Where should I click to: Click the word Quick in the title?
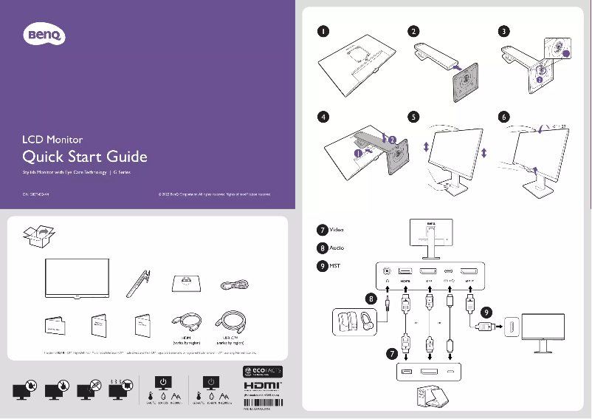(43, 157)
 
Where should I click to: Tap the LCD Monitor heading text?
(52, 139)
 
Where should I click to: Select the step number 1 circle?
(323, 32)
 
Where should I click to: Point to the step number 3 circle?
(503, 32)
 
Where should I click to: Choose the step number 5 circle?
(413, 117)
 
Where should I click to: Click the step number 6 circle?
(503, 117)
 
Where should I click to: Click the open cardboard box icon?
(38, 236)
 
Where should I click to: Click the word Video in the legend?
(336, 230)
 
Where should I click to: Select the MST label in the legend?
(334, 265)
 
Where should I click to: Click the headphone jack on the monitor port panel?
(388, 271)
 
